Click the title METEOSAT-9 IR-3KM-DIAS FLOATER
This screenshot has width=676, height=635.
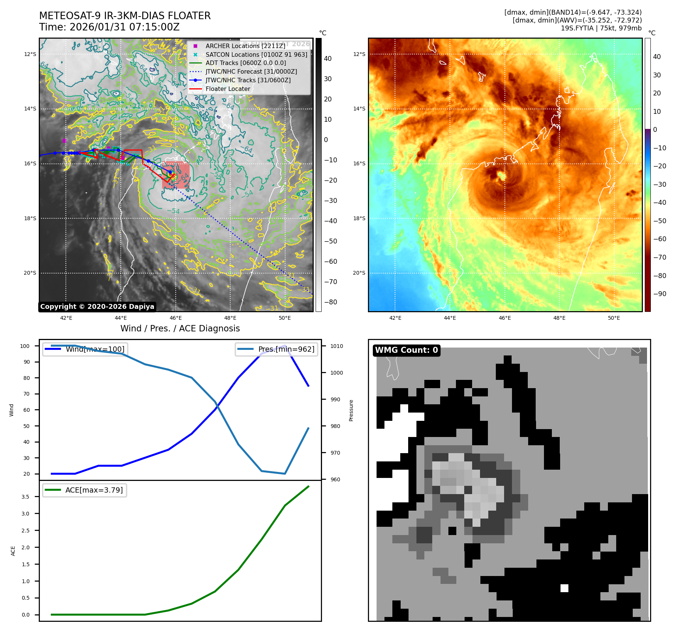click(x=125, y=16)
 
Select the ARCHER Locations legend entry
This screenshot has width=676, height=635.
click(x=245, y=46)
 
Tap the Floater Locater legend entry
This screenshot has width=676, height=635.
click(x=228, y=89)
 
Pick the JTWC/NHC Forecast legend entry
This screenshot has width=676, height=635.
click(x=251, y=71)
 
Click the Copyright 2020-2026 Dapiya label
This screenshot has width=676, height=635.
click(x=97, y=307)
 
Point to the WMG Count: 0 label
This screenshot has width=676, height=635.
click(x=406, y=350)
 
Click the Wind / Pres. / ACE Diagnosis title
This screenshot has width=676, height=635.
click(x=180, y=328)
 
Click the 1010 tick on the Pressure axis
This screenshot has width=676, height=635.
click(x=337, y=346)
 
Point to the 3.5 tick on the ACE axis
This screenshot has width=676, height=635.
click(x=25, y=497)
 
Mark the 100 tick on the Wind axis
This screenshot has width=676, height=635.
click(x=25, y=346)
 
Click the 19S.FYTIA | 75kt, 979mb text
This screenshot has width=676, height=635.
click(x=601, y=28)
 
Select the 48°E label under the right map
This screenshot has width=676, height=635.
click(x=559, y=318)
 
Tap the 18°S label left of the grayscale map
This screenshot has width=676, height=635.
click(x=30, y=218)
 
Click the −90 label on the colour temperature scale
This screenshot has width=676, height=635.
click(x=659, y=294)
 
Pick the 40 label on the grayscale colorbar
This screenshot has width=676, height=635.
click(x=328, y=59)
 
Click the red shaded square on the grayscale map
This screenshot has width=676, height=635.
click(x=176, y=175)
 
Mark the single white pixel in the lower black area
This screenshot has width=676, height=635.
click(x=564, y=588)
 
